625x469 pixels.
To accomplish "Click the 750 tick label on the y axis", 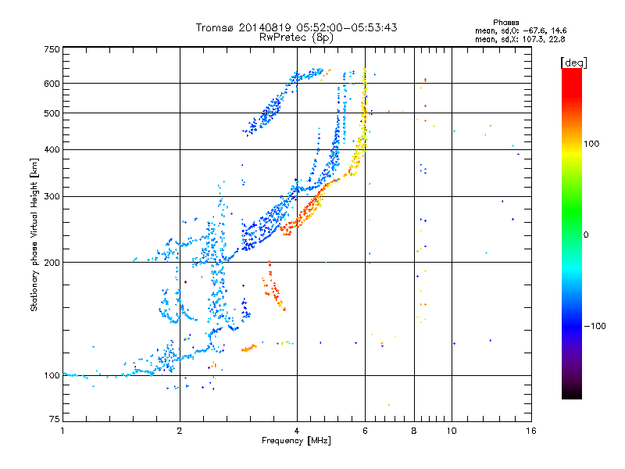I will point(52,49).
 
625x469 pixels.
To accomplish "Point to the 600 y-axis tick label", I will point(52,83).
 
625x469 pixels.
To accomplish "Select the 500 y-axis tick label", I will point(52,113).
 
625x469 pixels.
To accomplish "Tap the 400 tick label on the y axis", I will point(52,149).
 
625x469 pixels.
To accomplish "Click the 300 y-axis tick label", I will point(52,196).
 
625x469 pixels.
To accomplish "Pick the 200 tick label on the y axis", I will point(52,262).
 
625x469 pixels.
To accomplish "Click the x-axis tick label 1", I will point(62,431).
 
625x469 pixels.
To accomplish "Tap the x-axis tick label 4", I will point(297,431).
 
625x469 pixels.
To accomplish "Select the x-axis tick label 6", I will point(365,431).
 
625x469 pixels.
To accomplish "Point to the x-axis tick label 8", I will point(414,431).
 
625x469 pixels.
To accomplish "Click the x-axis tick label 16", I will point(531,431).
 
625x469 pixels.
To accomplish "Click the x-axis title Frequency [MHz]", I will point(296,441).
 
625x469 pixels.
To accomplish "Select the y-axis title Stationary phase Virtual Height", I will point(34,234).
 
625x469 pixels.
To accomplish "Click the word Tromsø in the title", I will point(216,27).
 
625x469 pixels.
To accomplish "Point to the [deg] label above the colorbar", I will point(573,62).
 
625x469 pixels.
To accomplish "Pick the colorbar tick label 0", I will point(587,234).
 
